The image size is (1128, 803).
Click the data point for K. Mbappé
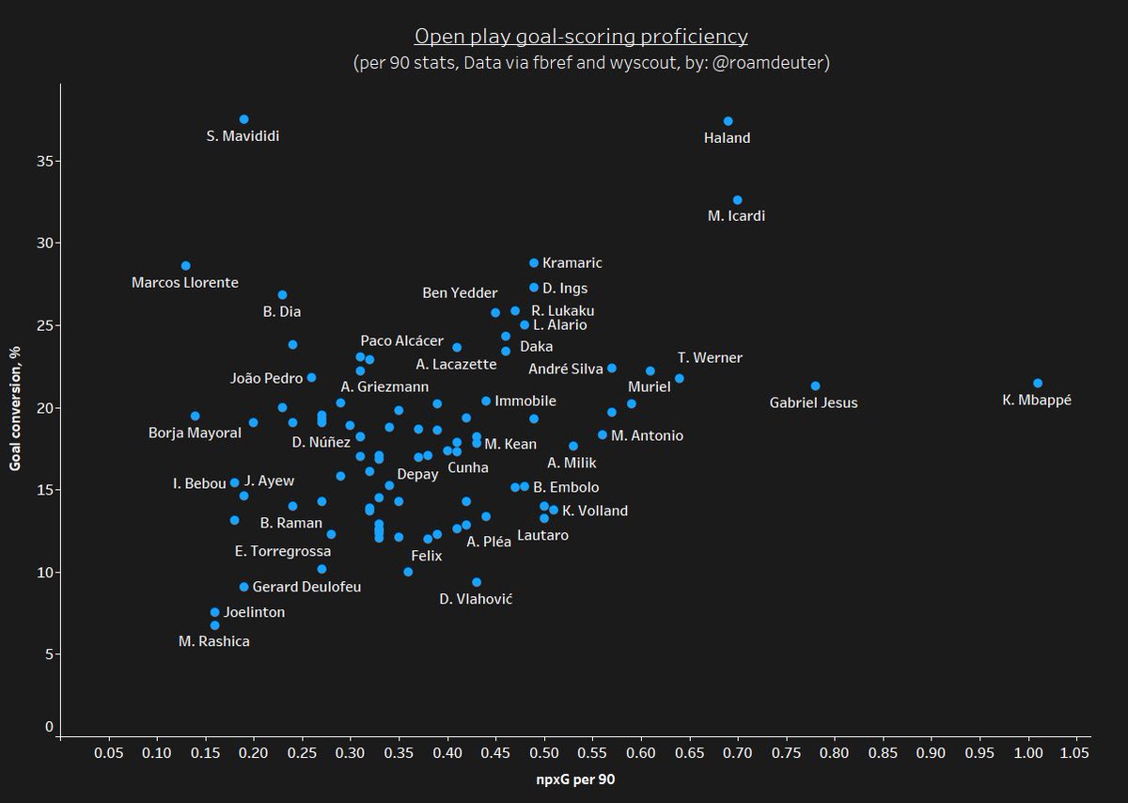click(1038, 383)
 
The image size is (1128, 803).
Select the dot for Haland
click(728, 121)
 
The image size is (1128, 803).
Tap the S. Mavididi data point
click(243, 119)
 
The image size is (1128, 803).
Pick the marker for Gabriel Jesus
click(815, 386)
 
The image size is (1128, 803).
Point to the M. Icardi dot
click(737, 200)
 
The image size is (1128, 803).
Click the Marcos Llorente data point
click(185, 266)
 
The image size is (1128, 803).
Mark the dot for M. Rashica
click(214, 625)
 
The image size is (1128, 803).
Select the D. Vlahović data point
click(476, 582)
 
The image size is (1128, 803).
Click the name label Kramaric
click(572, 263)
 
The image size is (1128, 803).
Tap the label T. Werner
click(710, 358)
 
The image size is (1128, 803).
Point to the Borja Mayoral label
click(195, 433)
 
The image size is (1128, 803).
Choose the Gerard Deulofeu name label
click(306, 587)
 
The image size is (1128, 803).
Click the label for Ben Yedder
click(460, 293)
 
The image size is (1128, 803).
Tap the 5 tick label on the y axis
click(49, 654)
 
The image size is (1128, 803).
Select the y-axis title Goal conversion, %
click(16, 407)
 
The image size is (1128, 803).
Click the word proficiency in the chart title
click(694, 37)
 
